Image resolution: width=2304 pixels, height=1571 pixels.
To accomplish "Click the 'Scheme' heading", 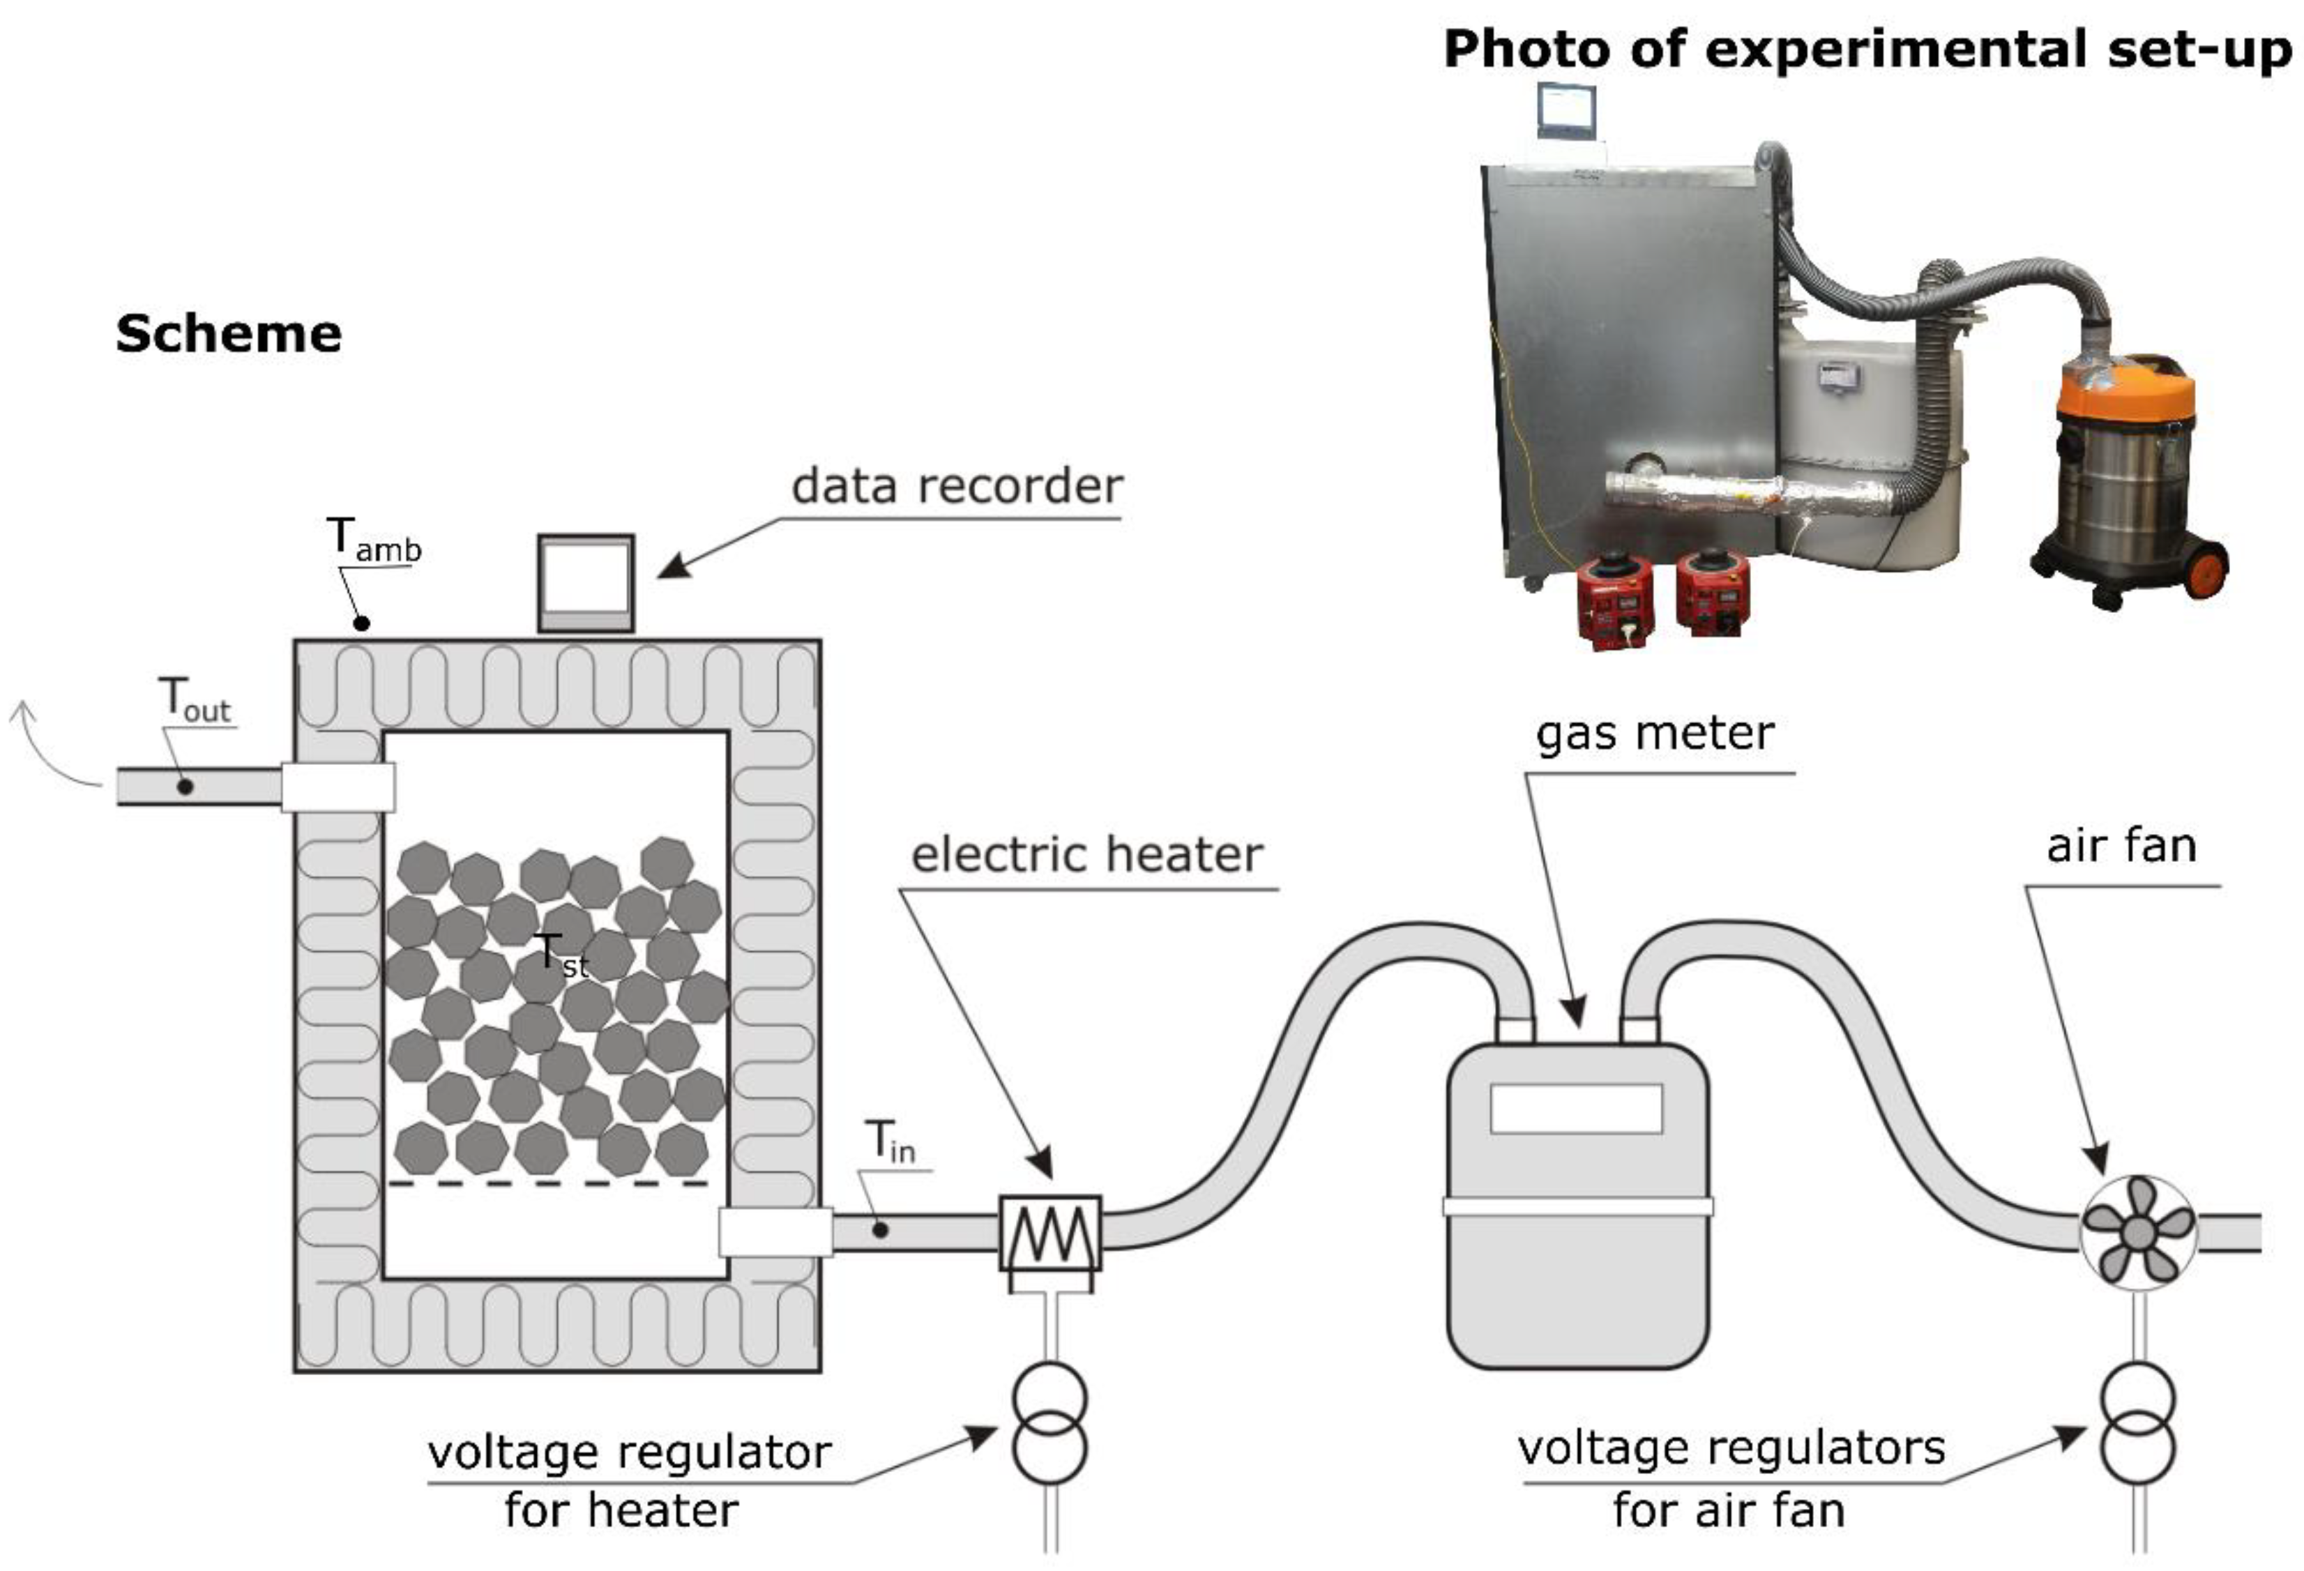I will point(228,333).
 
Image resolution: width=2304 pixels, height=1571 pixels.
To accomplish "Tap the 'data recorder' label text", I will point(957,486).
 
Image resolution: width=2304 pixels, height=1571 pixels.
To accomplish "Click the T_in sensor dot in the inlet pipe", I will point(879,1230).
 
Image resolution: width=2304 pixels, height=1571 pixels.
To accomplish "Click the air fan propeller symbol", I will point(2137,1232).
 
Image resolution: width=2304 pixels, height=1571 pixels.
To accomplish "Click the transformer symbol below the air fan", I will point(2137,1423).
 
